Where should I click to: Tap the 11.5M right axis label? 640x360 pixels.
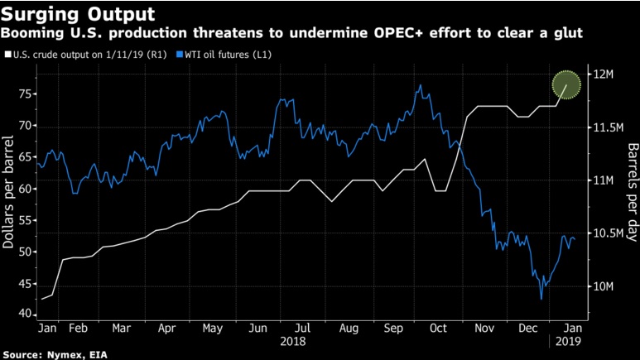(x=605, y=127)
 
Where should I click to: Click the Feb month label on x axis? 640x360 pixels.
(x=78, y=329)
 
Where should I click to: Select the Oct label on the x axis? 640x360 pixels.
(x=438, y=329)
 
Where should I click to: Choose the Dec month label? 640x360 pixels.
(x=527, y=329)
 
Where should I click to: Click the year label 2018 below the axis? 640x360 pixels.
(x=293, y=341)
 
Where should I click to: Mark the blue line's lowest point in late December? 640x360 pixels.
(x=541, y=300)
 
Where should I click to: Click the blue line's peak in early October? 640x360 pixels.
(x=421, y=84)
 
